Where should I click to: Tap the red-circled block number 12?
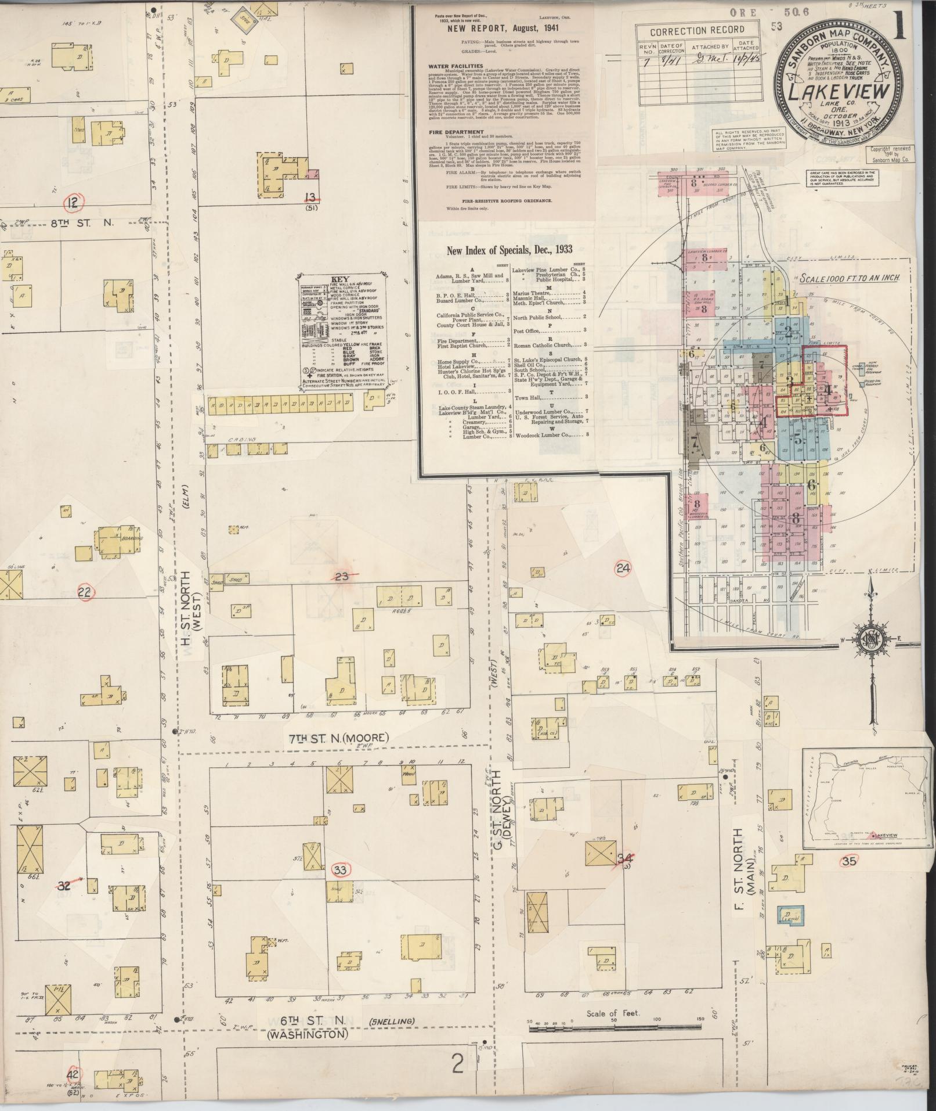tap(73, 203)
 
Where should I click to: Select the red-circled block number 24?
tap(623, 569)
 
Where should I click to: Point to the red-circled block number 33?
tap(340, 869)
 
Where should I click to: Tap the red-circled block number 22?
tap(85, 593)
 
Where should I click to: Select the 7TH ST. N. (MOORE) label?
tap(338, 738)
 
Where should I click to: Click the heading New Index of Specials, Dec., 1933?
tap(509, 250)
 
